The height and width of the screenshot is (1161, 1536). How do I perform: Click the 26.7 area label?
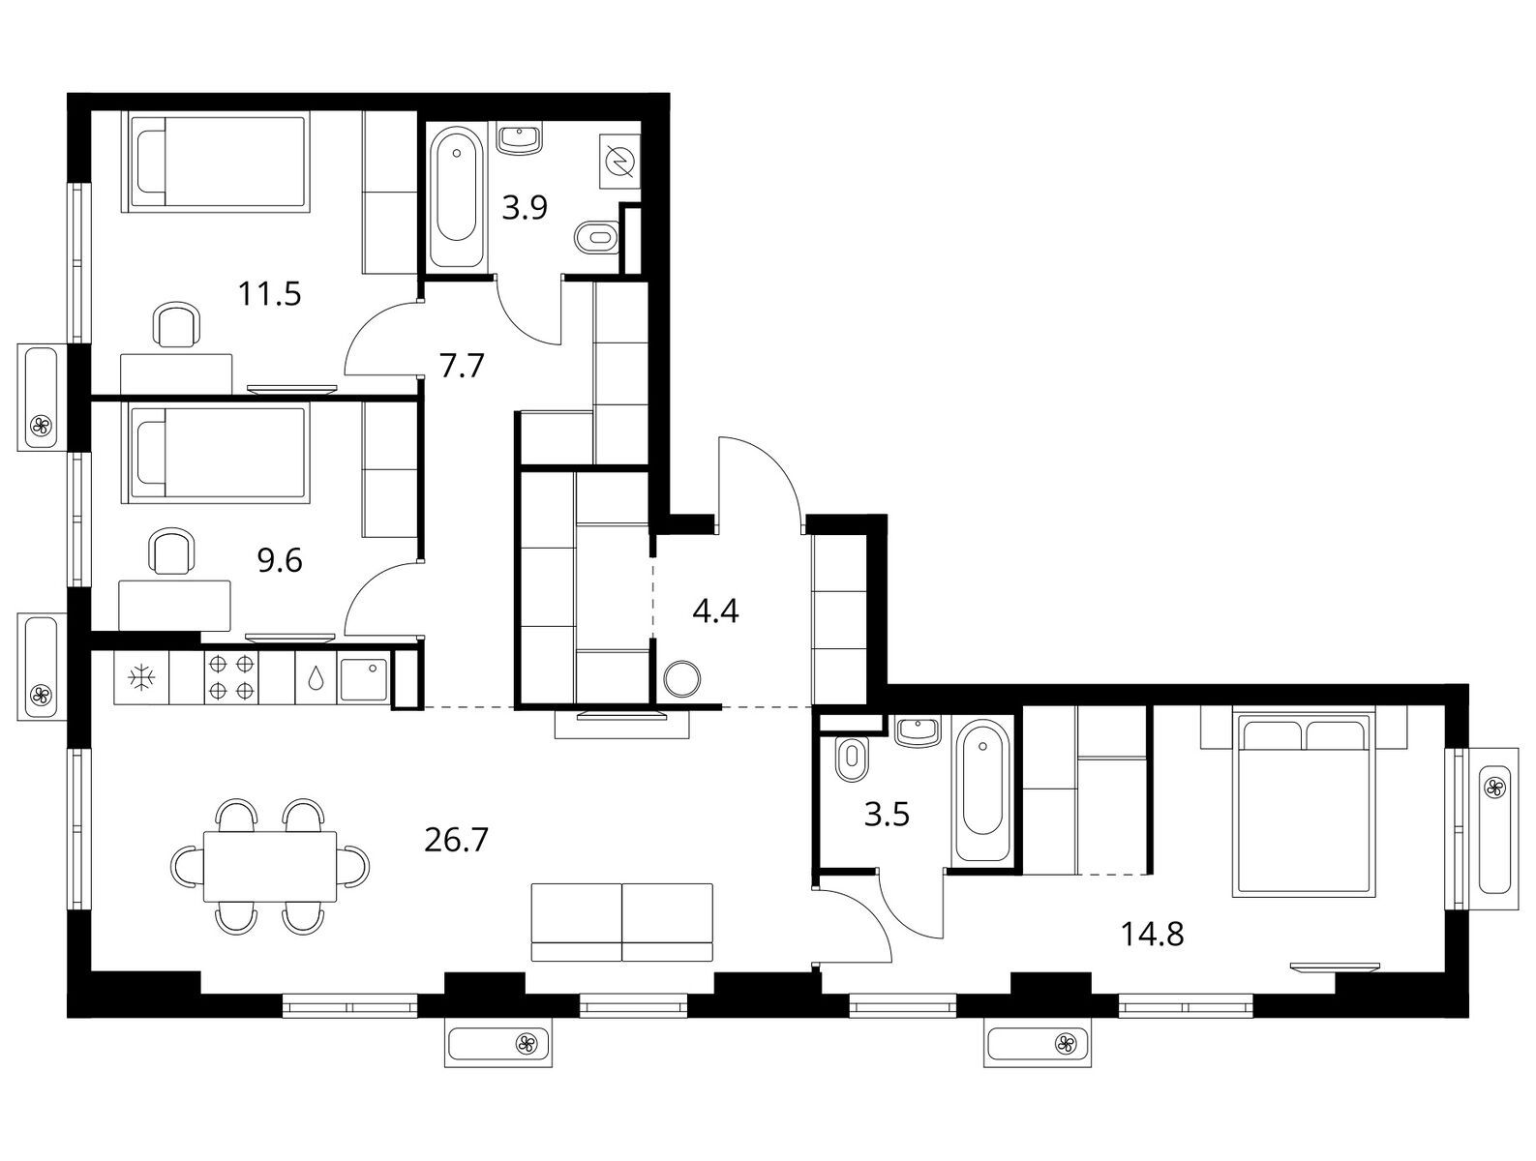click(x=456, y=840)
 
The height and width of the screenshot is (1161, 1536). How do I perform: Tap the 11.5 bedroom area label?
click(x=269, y=294)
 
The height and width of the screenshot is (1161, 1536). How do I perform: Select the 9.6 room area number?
click(x=280, y=560)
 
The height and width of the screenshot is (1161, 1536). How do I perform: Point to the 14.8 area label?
click(x=1153, y=934)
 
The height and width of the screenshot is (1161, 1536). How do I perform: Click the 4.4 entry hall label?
click(x=715, y=611)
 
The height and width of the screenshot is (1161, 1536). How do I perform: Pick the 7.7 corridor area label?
click(x=462, y=366)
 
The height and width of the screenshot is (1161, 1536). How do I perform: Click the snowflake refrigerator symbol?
click(x=141, y=677)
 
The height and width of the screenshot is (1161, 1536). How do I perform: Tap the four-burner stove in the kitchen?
click(x=231, y=677)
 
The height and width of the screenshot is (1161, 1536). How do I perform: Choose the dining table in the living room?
click(x=269, y=866)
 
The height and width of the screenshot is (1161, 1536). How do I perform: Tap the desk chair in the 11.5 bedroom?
click(x=176, y=324)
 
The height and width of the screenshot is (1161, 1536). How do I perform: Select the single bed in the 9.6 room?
click(x=216, y=455)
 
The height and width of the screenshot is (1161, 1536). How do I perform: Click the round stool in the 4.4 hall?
click(x=680, y=678)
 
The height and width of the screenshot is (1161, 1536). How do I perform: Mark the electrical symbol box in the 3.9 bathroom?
click(x=620, y=161)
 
